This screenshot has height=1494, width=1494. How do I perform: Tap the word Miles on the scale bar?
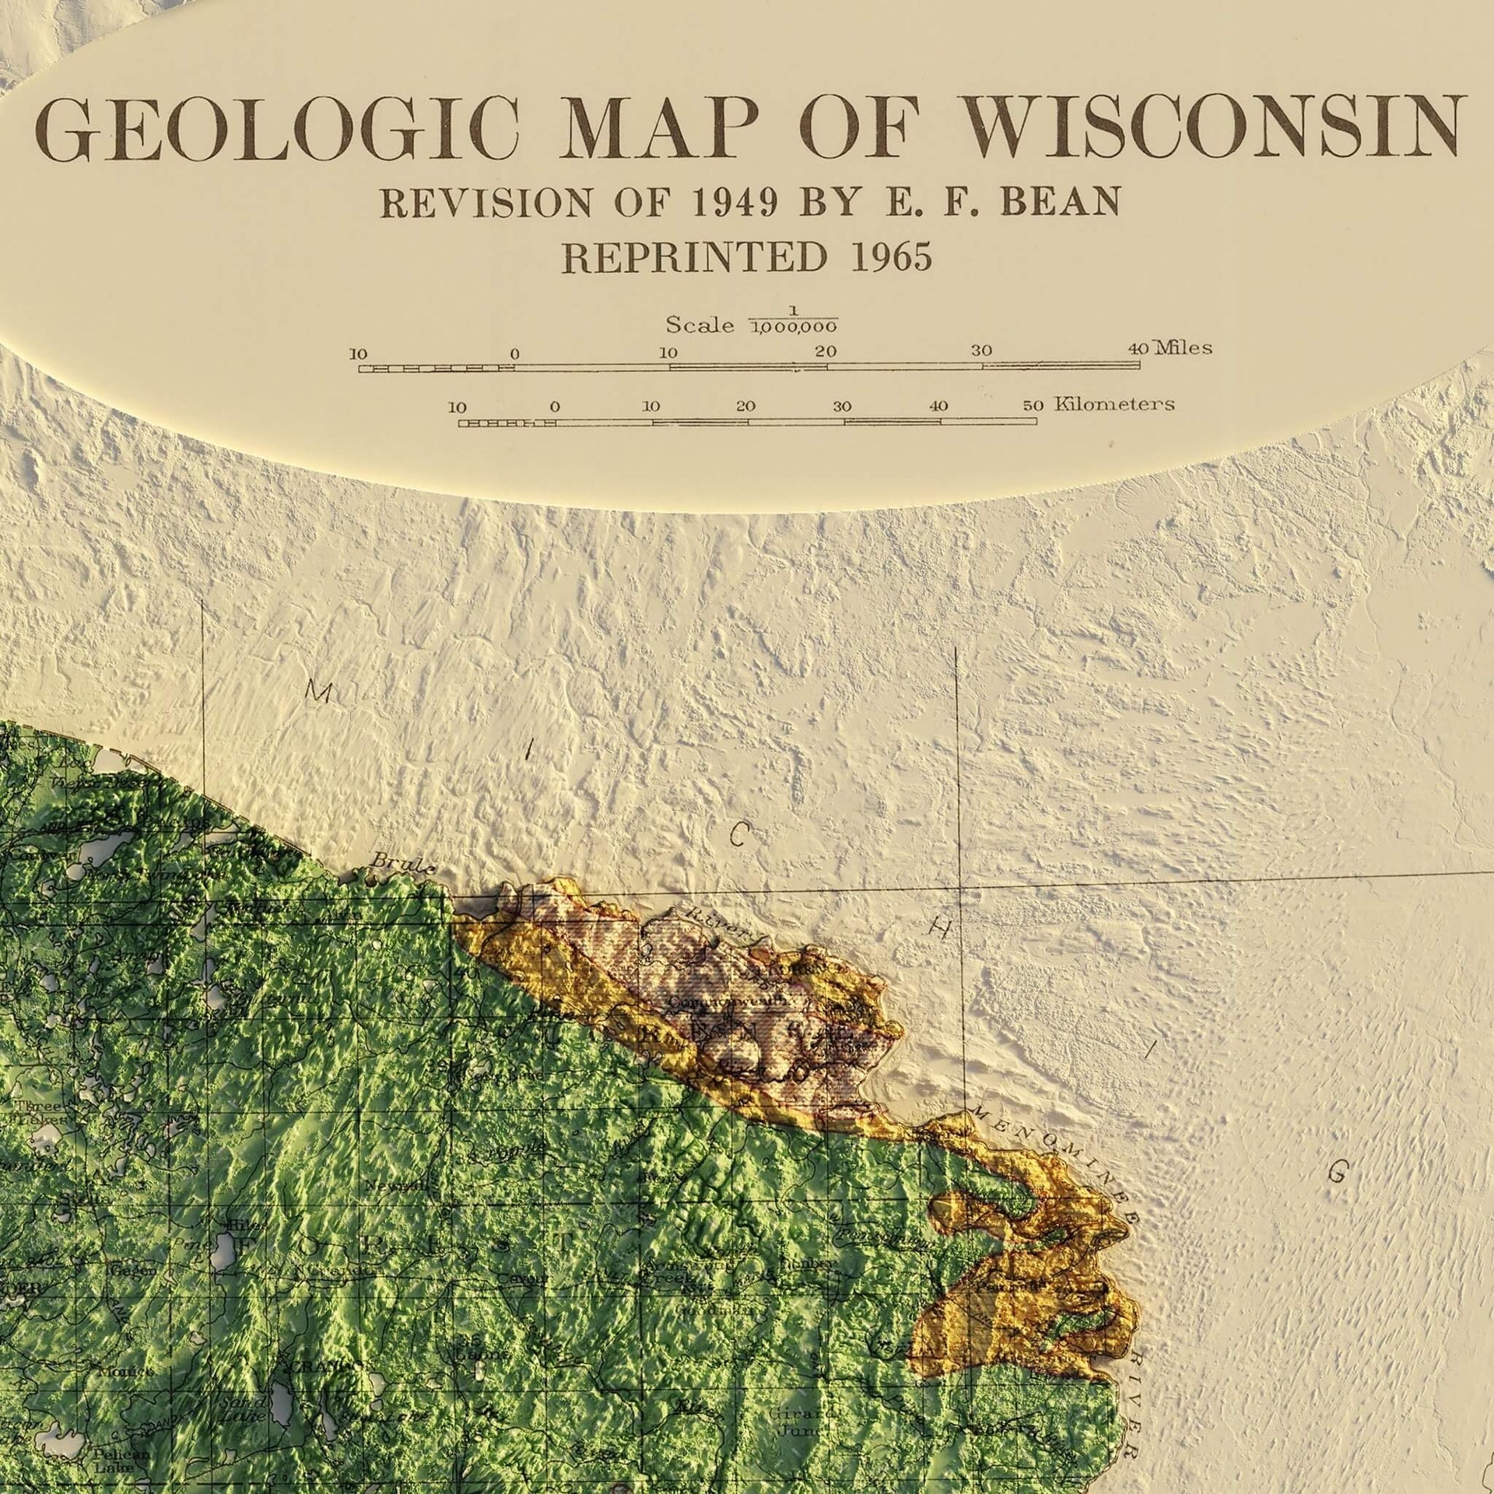tap(1184, 347)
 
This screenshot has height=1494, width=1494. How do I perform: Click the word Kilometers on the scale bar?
tap(1114, 404)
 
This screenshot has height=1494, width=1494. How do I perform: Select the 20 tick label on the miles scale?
tap(826, 352)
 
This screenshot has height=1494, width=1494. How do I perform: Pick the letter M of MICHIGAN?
tap(318, 692)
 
